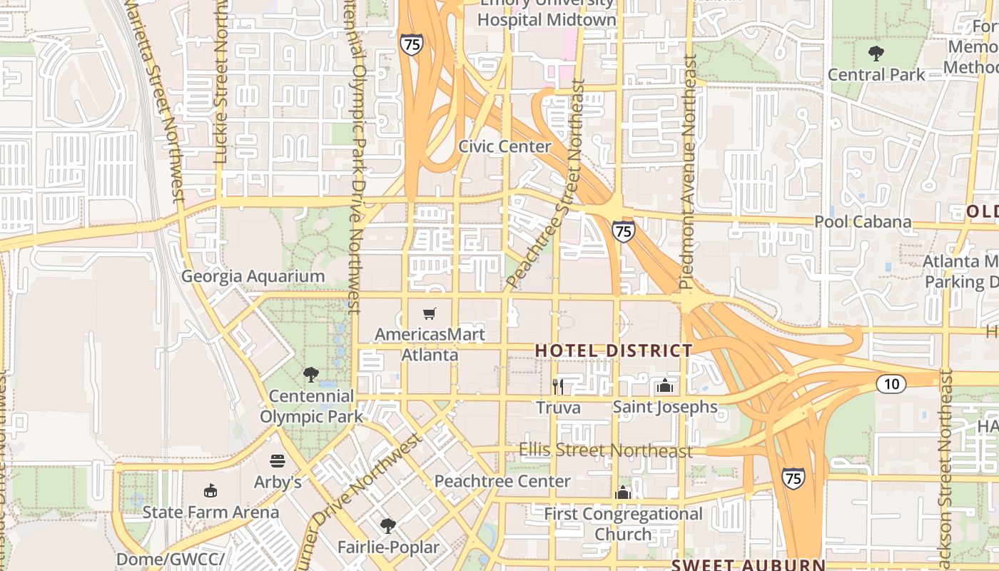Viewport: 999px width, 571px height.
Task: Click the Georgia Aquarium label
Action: pos(253,276)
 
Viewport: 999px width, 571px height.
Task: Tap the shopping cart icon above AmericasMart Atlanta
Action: pos(430,313)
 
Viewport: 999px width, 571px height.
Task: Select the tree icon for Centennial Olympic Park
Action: pos(310,375)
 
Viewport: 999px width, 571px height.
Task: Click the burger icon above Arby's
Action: pos(278,461)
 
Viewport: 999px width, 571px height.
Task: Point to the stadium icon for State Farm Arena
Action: pos(211,491)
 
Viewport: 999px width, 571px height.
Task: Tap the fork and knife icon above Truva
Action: pos(558,387)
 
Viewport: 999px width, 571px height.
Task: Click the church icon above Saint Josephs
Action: pos(665,386)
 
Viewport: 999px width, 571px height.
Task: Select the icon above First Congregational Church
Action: pos(623,493)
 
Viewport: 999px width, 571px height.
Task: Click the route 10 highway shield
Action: pos(891,384)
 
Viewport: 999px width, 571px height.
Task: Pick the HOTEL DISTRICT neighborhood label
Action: pos(614,350)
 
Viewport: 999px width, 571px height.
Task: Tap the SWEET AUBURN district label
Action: pos(749,565)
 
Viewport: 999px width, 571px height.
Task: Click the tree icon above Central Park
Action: pos(876,54)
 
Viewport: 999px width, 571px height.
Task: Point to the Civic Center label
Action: pos(504,146)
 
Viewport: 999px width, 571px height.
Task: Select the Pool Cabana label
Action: pos(863,222)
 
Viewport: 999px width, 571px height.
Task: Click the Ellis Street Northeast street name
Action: pos(606,451)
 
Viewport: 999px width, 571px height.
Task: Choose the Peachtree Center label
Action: pos(502,481)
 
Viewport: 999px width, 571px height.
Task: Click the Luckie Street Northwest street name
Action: pos(220,82)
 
